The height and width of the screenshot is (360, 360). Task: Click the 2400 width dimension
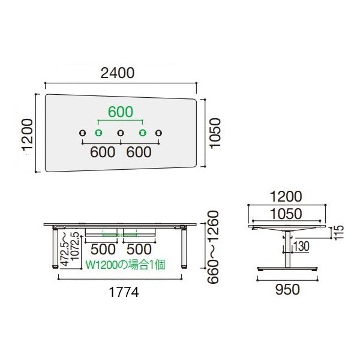point(118,73)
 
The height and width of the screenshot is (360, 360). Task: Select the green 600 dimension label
point(121,112)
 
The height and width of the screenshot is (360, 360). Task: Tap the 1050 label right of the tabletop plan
point(215,133)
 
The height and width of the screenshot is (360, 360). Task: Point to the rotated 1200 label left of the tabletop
point(28,135)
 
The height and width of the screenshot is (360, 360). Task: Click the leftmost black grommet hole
point(82,133)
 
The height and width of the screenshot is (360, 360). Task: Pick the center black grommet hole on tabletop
point(121,133)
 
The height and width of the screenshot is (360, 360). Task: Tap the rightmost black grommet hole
point(158,133)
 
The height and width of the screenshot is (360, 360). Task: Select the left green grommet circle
point(99,133)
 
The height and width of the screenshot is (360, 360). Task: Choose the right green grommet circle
point(143,133)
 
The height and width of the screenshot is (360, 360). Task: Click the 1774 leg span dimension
point(124,292)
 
